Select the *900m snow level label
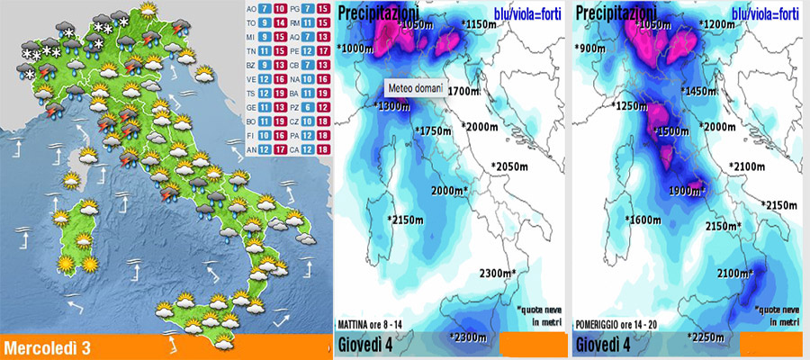[591, 48]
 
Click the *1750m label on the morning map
[435, 131]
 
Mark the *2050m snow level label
[509, 166]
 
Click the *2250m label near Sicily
[708, 337]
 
